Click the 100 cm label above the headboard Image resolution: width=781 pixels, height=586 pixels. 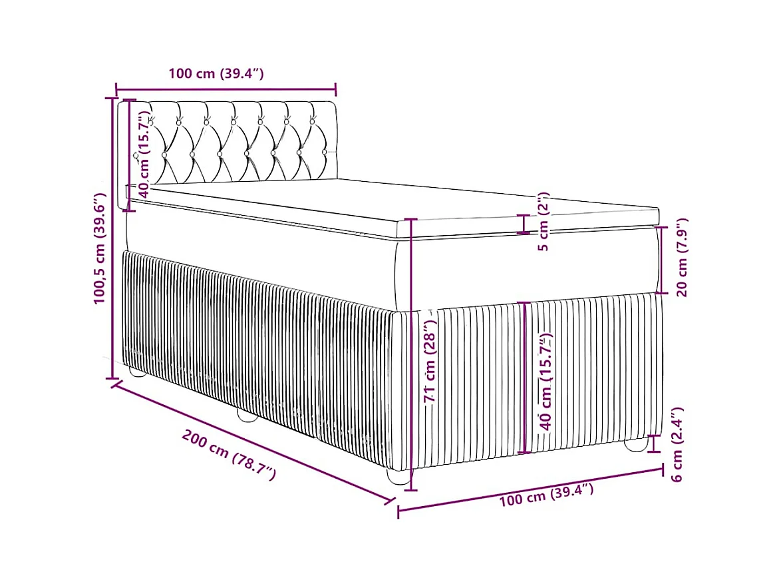pyautogui.click(x=216, y=73)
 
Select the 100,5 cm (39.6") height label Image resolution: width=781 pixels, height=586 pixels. pyautogui.click(x=100, y=248)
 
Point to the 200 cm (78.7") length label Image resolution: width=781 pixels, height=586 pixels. pyautogui.click(x=228, y=455)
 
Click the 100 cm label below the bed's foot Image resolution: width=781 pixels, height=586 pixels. pyautogui.click(x=546, y=495)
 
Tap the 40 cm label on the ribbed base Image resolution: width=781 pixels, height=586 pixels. pyautogui.click(x=547, y=384)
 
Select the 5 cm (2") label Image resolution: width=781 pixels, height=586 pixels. pyautogui.click(x=544, y=222)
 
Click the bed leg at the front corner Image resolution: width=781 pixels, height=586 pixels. pyautogui.click(x=398, y=477)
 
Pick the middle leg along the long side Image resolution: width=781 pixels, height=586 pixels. pyautogui.click(x=247, y=418)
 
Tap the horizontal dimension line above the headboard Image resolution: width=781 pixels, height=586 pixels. pyautogui.click(x=226, y=89)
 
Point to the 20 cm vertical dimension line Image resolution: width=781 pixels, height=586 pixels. pyautogui.click(x=661, y=260)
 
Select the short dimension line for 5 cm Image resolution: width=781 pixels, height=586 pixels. pyautogui.click(x=525, y=224)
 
